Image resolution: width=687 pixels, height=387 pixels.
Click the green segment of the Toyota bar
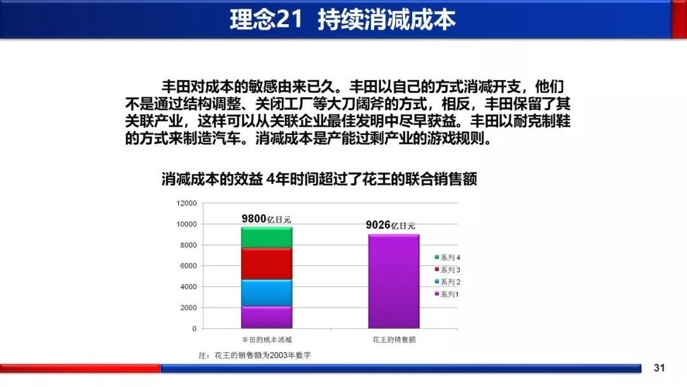pyautogui.click(x=267, y=237)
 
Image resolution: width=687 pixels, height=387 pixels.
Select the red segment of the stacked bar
pyautogui.click(x=267, y=264)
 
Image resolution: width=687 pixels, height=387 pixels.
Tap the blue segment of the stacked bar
pyautogui.click(x=267, y=293)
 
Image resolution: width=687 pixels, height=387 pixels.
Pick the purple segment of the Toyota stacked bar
pyautogui.click(x=267, y=317)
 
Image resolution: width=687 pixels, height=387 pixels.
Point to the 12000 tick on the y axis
pyautogui.click(x=186, y=203)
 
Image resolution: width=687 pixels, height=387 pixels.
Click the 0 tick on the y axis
pyautogui.click(x=194, y=328)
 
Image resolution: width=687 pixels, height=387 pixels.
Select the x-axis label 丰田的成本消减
pyautogui.click(x=267, y=340)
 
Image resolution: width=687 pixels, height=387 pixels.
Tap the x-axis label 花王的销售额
pyautogui.click(x=394, y=340)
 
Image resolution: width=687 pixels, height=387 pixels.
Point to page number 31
pyautogui.click(x=659, y=368)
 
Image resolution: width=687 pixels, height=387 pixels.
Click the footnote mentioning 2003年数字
pyautogui.click(x=254, y=355)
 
